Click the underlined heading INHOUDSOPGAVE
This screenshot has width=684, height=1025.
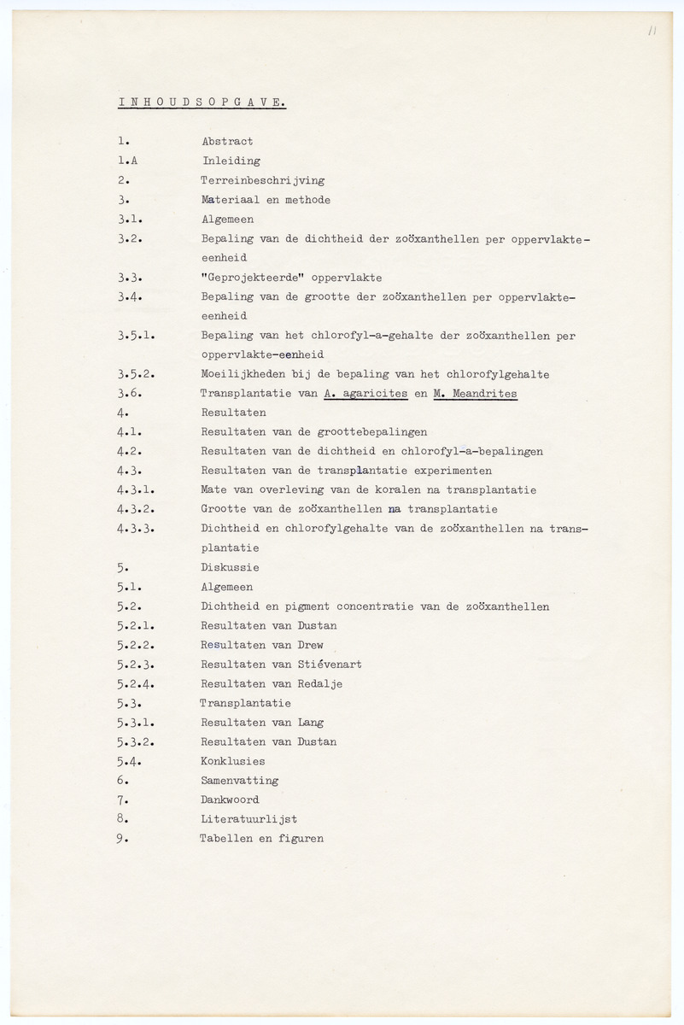pos(202,102)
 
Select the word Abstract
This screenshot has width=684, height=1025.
pos(227,142)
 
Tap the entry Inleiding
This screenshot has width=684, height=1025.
pos(231,161)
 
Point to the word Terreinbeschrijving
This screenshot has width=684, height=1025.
pos(262,181)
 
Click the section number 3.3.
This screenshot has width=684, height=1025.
pos(130,278)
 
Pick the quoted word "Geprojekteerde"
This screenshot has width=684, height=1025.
pos(250,278)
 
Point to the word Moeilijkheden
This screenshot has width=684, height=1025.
pos(243,374)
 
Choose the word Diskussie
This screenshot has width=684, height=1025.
pos(230,567)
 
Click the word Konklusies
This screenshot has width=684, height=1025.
pos(233,761)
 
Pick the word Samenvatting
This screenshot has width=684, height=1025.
pos(240,781)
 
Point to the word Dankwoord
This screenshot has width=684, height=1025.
pos(230,800)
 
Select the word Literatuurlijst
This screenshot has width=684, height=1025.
pos(248,819)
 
